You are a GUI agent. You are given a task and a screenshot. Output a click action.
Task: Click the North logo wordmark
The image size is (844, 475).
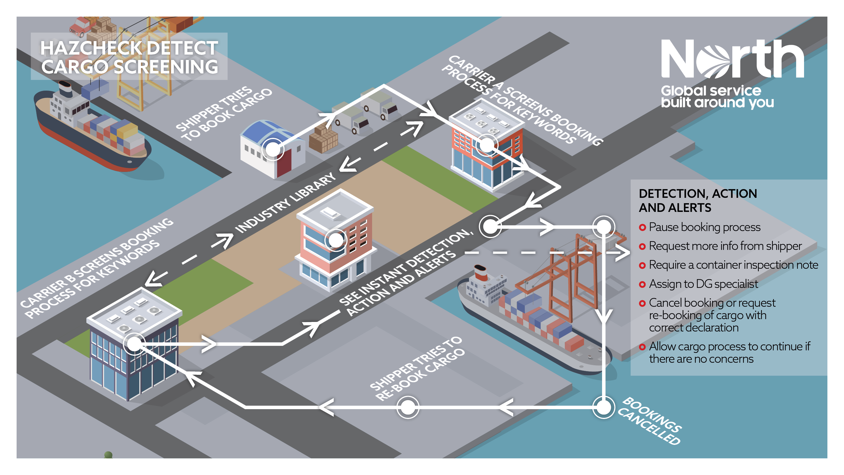[x=732, y=59]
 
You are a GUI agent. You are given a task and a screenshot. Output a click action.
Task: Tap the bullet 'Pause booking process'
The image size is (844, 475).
[x=704, y=227]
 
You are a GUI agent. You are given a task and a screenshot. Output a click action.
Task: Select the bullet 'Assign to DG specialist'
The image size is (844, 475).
[x=703, y=284]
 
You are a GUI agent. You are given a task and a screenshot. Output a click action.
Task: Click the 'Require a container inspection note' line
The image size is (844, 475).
[x=733, y=265]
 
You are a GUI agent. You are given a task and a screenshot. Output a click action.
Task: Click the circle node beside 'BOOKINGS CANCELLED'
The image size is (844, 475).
[x=603, y=407]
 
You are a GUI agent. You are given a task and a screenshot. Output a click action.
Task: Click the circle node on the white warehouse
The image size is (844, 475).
[x=273, y=149]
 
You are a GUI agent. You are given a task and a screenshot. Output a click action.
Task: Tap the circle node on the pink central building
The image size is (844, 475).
[x=336, y=240]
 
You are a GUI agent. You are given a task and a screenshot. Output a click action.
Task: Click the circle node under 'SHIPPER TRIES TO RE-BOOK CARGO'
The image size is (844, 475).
[x=408, y=407]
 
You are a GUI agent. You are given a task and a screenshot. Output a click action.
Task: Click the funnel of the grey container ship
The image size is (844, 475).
[x=481, y=273]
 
